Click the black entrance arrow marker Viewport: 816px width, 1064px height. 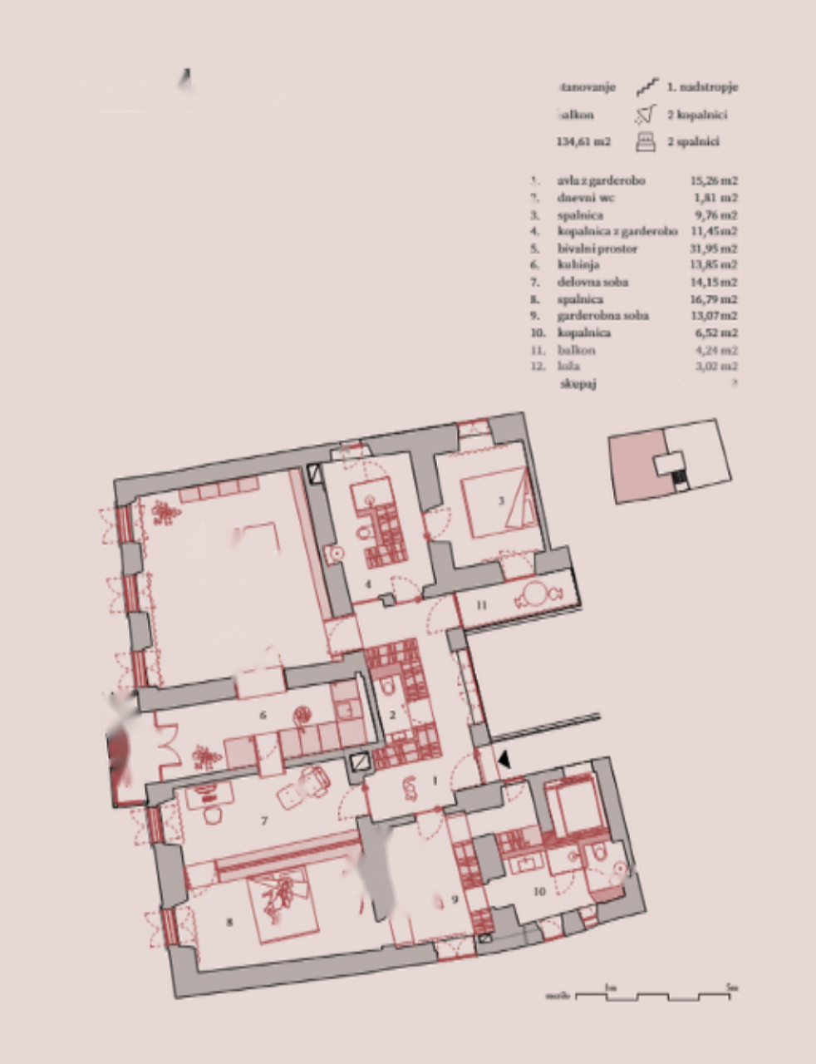pos(504,760)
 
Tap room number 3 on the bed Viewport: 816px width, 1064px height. pos(501,500)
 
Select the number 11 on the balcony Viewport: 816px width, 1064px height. pos(481,605)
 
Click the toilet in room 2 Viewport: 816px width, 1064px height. pos(390,687)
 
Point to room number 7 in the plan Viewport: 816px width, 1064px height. pos(264,821)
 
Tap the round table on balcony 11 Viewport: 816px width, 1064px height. pos(533,595)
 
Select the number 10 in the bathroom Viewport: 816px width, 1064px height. pos(539,891)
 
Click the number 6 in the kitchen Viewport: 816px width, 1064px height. pos(263,715)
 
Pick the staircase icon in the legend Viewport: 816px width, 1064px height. pos(647,87)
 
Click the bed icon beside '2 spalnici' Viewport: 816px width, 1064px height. pos(646,142)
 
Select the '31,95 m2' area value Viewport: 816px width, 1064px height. pos(714,249)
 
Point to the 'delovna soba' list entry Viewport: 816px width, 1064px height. pos(592,282)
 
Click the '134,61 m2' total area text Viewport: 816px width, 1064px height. pos(583,142)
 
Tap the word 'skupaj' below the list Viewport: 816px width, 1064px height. pos(578,383)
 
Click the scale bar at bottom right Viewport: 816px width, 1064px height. pos(653,994)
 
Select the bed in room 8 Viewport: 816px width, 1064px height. pos(283,904)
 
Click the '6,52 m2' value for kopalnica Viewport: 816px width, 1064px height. pos(716,332)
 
